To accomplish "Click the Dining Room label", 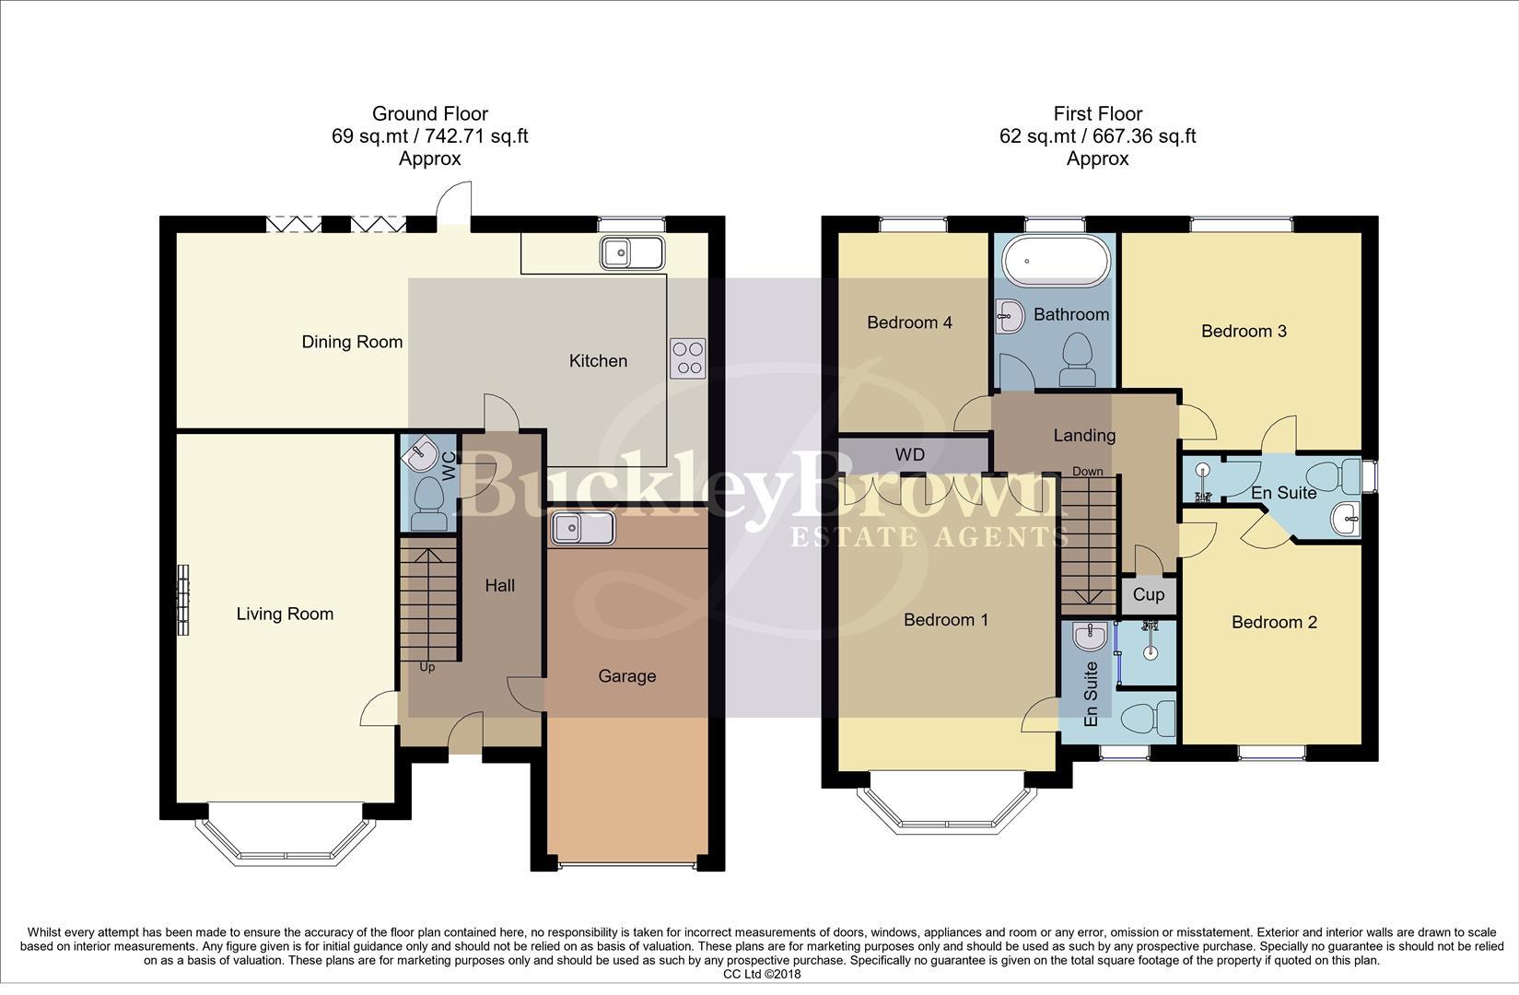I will tap(352, 342).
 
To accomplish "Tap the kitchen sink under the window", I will tap(631, 252).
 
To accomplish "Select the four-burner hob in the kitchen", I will tap(687, 358).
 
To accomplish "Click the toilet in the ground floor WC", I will tap(428, 502).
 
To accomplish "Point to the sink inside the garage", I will tap(582, 529).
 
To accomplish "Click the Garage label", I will tap(626, 676).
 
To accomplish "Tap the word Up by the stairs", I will tap(427, 667).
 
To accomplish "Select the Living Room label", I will tap(285, 615).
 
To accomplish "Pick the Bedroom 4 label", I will tap(909, 322).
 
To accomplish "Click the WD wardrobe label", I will tap(910, 454).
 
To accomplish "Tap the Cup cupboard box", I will tap(1148, 595).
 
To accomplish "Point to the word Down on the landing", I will tap(1087, 472).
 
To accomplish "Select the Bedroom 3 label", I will tap(1244, 332).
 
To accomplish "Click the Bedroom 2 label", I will tap(1274, 623).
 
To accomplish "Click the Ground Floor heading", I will tap(429, 114).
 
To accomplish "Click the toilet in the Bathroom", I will tap(1077, 359).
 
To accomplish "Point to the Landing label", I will tap(1084, 436).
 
